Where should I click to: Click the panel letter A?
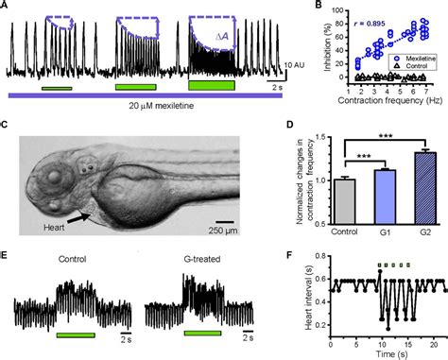click(x=7, y=7)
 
